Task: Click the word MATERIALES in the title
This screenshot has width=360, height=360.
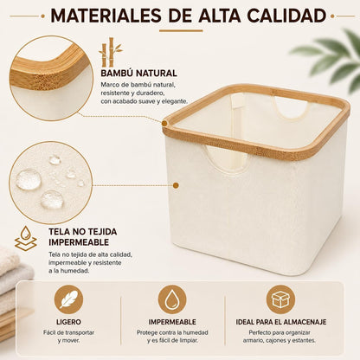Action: (106, 16)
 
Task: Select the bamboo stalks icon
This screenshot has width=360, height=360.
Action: (110, 52)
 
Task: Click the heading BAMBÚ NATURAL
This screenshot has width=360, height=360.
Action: (138, 74)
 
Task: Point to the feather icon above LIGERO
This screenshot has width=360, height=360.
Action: (68, 299)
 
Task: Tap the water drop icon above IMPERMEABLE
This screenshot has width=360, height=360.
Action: (172, 299)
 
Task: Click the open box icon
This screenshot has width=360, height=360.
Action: (280, 299)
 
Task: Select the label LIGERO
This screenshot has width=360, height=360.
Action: (68, 322)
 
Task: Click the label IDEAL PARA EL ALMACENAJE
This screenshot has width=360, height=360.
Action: (281, 322)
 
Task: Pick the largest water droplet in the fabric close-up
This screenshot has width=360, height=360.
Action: (28, 179)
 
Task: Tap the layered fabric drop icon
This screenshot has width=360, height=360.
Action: (26, 238)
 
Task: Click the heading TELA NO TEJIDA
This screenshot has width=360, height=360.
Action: (83, 232)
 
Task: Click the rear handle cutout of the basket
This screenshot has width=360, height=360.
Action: (291, 108)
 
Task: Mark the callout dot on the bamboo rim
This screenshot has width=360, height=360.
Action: (164, 124)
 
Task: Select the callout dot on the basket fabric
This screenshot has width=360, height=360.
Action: (176, 185)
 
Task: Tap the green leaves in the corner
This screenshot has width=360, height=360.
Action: (331, 59)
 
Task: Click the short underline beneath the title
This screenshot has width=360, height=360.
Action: (181, 30)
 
